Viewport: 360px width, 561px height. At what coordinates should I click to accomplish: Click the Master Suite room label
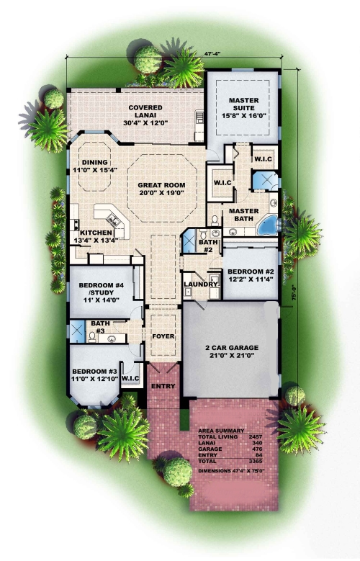pos(243,104)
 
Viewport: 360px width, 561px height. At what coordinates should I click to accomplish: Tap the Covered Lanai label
pos(145,112)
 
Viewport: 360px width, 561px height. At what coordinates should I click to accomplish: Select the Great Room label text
pos(162,185)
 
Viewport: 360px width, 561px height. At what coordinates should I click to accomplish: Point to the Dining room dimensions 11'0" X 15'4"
pos(95,170)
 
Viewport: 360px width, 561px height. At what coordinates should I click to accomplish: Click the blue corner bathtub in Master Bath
pos(267,225)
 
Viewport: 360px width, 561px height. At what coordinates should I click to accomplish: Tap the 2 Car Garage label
pos(232,347)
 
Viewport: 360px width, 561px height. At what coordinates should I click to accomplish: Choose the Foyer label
pos(163,336)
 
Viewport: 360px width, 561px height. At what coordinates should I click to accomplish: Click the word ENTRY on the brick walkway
pos(163,386)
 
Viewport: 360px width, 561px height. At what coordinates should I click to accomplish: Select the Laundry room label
pos(201,284)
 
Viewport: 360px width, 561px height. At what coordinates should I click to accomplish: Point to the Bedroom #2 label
pos(251,271)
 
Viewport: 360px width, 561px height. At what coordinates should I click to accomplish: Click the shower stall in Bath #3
pos(77,331)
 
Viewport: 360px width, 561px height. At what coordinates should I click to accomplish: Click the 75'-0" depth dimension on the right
pos(294,292)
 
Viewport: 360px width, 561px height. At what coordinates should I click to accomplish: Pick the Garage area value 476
pos(257,449)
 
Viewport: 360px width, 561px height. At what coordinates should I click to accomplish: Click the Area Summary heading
pos(221,431)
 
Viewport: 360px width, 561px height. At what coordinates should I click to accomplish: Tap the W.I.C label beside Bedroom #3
pos(130,378)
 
